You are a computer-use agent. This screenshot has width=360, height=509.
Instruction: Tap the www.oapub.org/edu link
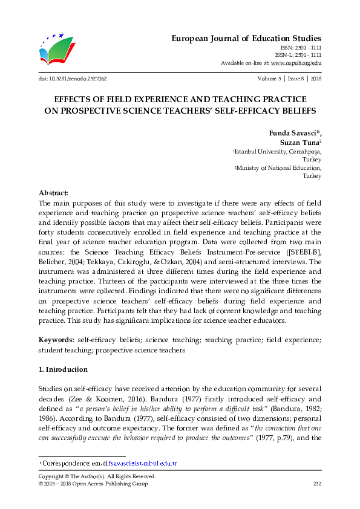[296, 63]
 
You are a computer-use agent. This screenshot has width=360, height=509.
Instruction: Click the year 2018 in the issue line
[315, 79]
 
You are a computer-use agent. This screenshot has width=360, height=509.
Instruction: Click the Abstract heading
[54, 192]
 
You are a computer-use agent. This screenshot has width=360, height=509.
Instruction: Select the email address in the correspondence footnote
[143, 463]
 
